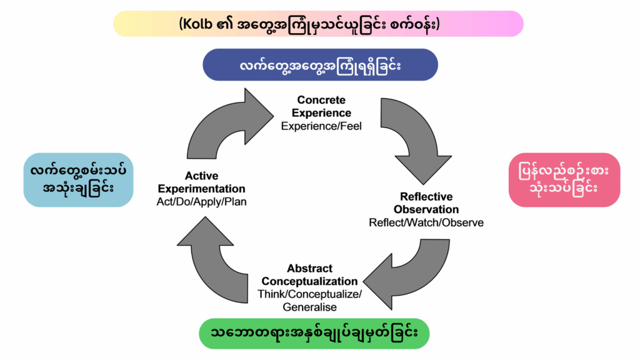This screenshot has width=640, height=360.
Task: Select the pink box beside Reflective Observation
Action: pos(564,179)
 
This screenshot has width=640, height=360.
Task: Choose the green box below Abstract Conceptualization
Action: pos(314,332)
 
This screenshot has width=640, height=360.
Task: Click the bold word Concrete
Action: pos(321,100)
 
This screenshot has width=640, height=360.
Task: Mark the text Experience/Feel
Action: pos(321,126)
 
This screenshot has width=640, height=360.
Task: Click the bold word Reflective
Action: pos(426,197)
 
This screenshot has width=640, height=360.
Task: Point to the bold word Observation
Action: pos(426,209)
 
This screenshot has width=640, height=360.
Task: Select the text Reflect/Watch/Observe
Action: pos(426,222)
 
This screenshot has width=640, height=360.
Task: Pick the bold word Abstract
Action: pos(309,269)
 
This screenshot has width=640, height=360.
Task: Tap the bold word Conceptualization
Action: pos(309,281)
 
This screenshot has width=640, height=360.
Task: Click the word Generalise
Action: pos(309,307)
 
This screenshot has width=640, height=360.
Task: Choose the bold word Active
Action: pos(201,176)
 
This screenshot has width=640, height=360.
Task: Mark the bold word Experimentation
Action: pos(201,189)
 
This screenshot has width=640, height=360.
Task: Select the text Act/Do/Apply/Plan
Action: pos(201,202)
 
